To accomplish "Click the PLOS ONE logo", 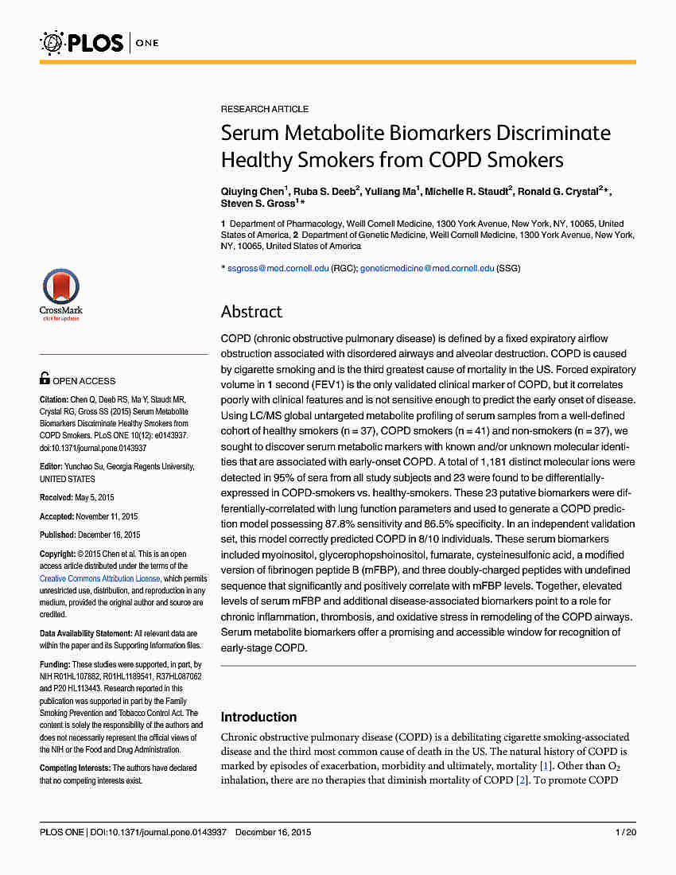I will click(99, 41).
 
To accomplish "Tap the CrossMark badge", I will click(61, 294).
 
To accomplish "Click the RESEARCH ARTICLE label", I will click(265, 109).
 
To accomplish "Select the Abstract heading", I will click(251, 312).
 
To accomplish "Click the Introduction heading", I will click(258, 717).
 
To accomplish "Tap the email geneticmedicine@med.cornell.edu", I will click(427, 269).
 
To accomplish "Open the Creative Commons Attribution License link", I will click(100, 578).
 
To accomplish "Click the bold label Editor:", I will click(52, 466).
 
